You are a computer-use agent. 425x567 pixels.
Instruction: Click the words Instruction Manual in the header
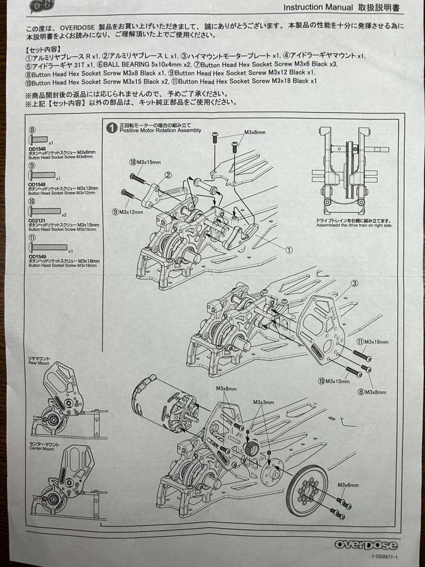[318, 7]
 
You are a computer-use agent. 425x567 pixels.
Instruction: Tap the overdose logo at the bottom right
[366, 545]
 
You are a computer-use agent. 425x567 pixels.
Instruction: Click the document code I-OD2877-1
[384, 556]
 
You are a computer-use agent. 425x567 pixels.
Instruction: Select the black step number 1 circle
[111, 128]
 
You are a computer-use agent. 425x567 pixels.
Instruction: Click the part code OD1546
[37, 150]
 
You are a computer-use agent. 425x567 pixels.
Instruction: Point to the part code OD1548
[37, 185]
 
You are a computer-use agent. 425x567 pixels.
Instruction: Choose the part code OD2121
[37, 221]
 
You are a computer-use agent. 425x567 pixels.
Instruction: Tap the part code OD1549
[37, 257]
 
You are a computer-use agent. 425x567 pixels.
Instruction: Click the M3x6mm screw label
[348, 486]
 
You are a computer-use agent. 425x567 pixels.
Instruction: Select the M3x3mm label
[263, 402]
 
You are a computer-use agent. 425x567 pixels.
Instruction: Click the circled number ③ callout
[354, 283]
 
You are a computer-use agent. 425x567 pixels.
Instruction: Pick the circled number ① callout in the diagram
[289, 250]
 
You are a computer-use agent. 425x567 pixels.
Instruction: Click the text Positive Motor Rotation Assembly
[160, 130]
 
